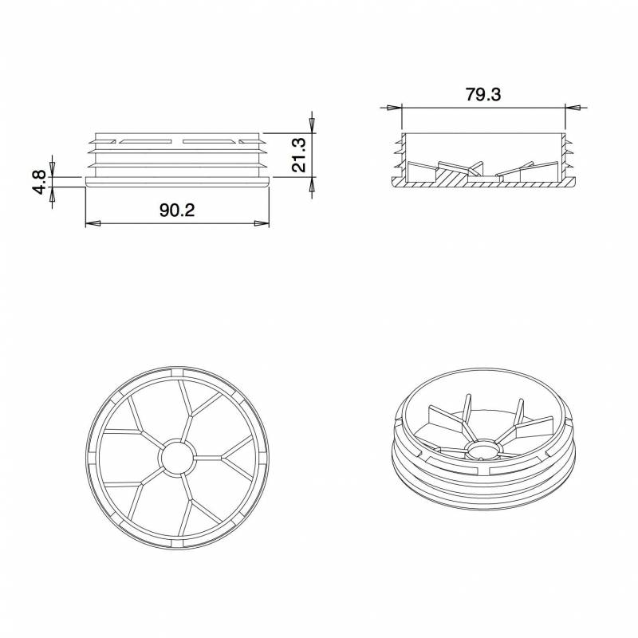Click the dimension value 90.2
point(177,210)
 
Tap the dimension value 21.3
point(299,154)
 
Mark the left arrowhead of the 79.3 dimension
point(392,106)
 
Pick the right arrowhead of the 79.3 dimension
point(573,106)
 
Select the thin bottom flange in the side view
point(177,183)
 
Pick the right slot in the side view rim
point(209,142)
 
